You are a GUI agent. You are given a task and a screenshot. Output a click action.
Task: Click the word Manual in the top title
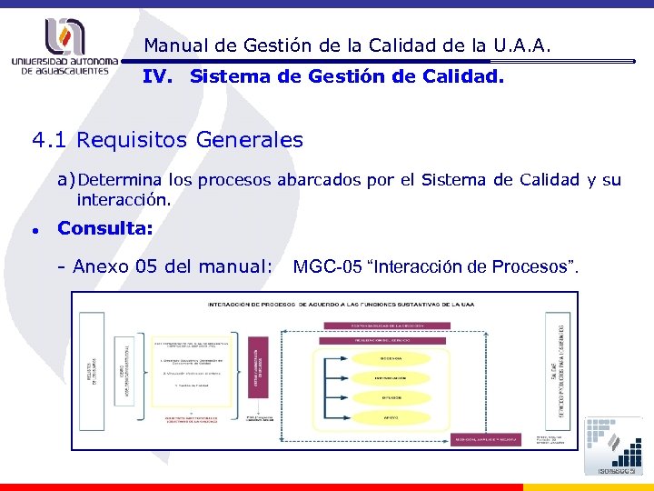click(173, 45)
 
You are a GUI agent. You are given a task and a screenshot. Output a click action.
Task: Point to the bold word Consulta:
click(105, 228)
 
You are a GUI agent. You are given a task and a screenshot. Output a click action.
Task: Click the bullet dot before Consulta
click(34, 230)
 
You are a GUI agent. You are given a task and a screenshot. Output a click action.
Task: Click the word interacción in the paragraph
click(124, 198)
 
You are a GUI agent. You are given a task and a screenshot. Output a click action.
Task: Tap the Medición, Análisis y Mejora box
click(485, 439)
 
